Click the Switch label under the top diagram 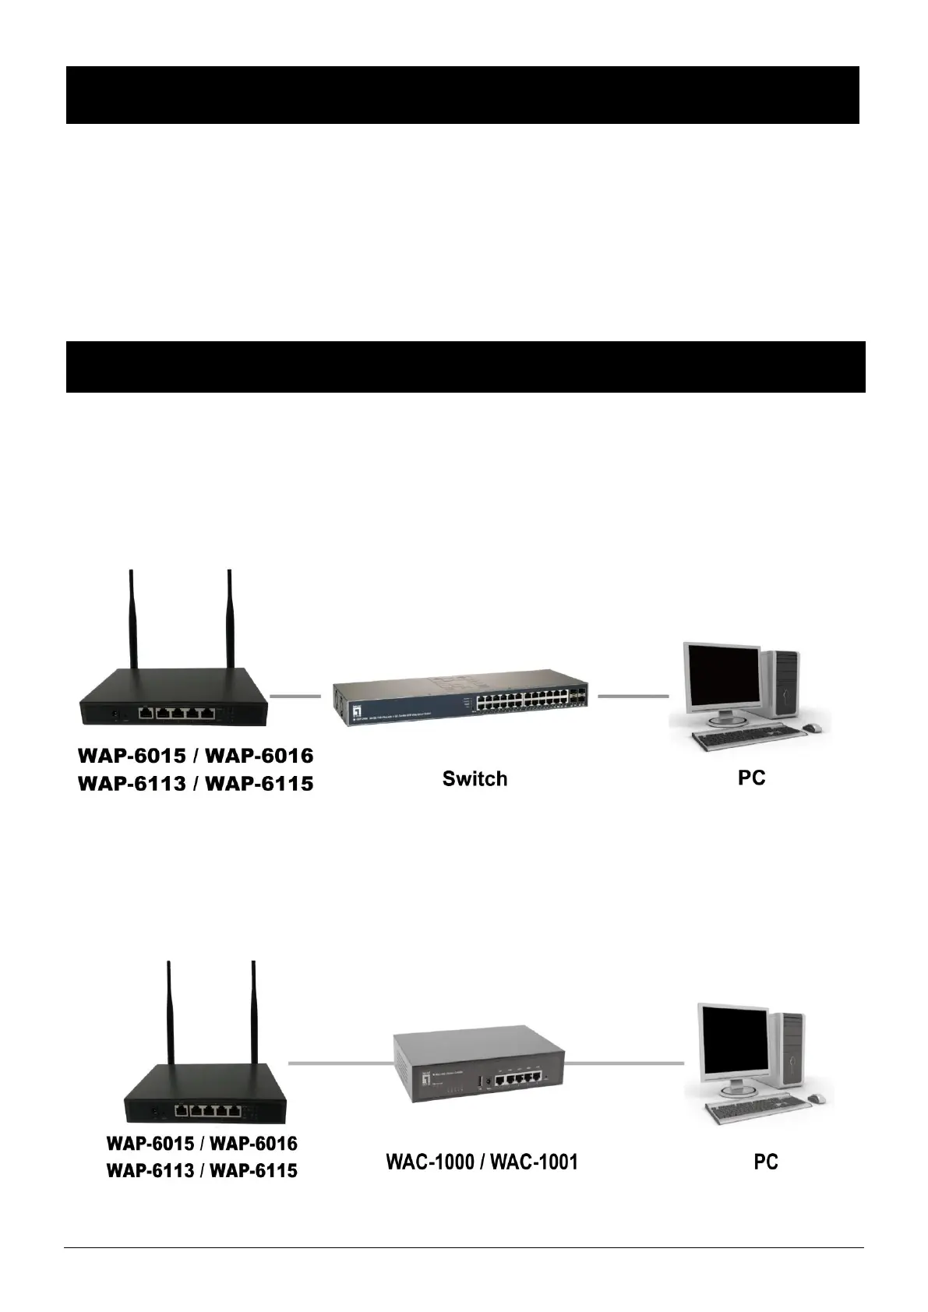(475, 778)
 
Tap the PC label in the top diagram (751, 777)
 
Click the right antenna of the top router (229, 623)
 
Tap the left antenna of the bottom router (169, 1013)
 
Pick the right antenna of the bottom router (253, 1013)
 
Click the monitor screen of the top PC (722, 677)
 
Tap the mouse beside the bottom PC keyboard (817, 1099)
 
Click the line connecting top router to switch (295, 695)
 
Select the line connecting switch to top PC (633, 695)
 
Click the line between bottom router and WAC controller (339, 1063)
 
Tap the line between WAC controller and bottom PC (623, 1062)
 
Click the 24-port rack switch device (463, 700)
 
